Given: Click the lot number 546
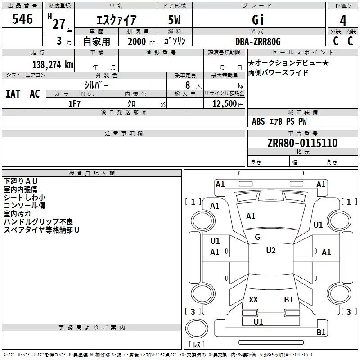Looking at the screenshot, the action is pyautogui.click(x=22, y=19).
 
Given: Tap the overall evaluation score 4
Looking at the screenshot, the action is pyautogui.click(x=343, y=21).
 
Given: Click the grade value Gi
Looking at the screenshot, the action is pyautogui.click(x=258, y=21).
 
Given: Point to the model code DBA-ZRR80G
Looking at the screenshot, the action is pyautogui.click(x=257, y=41).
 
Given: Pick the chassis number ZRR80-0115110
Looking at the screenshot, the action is pyautogui.click(x=302, y=143).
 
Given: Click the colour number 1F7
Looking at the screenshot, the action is pyautogui.click(x=74, y=103).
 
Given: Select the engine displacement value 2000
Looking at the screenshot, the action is pyautogui.click(x=137, y=41).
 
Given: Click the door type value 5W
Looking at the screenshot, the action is pyautogui.click(x=175, y=21).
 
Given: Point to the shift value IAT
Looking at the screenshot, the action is pyautogui.click(x=13, y=94).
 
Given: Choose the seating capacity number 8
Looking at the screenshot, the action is pyautogui.click(x=187, y=85).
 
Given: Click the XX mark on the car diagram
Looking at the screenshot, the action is pyautogui.click(x=253, y=299).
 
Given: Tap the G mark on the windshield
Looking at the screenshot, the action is pyautogui.click(x=257, y=237).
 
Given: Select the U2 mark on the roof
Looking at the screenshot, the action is pyautogui.click(x=270, y=251).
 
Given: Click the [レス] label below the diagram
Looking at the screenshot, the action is pyautogui.click(x=197, y=345).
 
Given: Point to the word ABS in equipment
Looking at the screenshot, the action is pyautogui.click(x=258, y=121).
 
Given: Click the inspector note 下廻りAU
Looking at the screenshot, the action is pyautogui.click(x=21, y=181).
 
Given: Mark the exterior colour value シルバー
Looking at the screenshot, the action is pyautogui.click(x=96, y=85).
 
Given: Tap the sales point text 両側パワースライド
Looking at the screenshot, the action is pyautogui.click(x=278, y=72).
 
